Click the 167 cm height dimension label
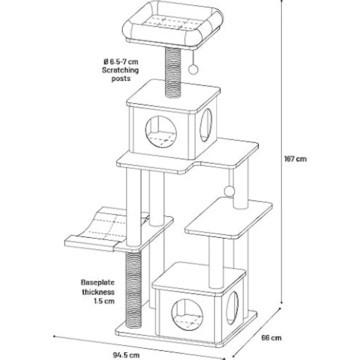(295, 159)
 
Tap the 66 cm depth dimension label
(271, 337)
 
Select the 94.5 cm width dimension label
(126, 355)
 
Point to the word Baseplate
(97, 282)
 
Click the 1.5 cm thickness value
(104, 301)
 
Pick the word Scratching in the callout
(120, 70)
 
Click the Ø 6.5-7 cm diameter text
(121, 62)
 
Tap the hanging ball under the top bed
(193, 69)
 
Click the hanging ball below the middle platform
(229, 191)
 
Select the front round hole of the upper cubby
(161, 131)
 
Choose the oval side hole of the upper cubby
(206, 125)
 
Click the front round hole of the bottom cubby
(187, 315)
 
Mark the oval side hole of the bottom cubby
(232, 308)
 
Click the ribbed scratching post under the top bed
(173, 72)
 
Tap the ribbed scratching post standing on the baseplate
(134, 289)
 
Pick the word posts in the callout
(121, 79)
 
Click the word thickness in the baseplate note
(98, 292)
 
